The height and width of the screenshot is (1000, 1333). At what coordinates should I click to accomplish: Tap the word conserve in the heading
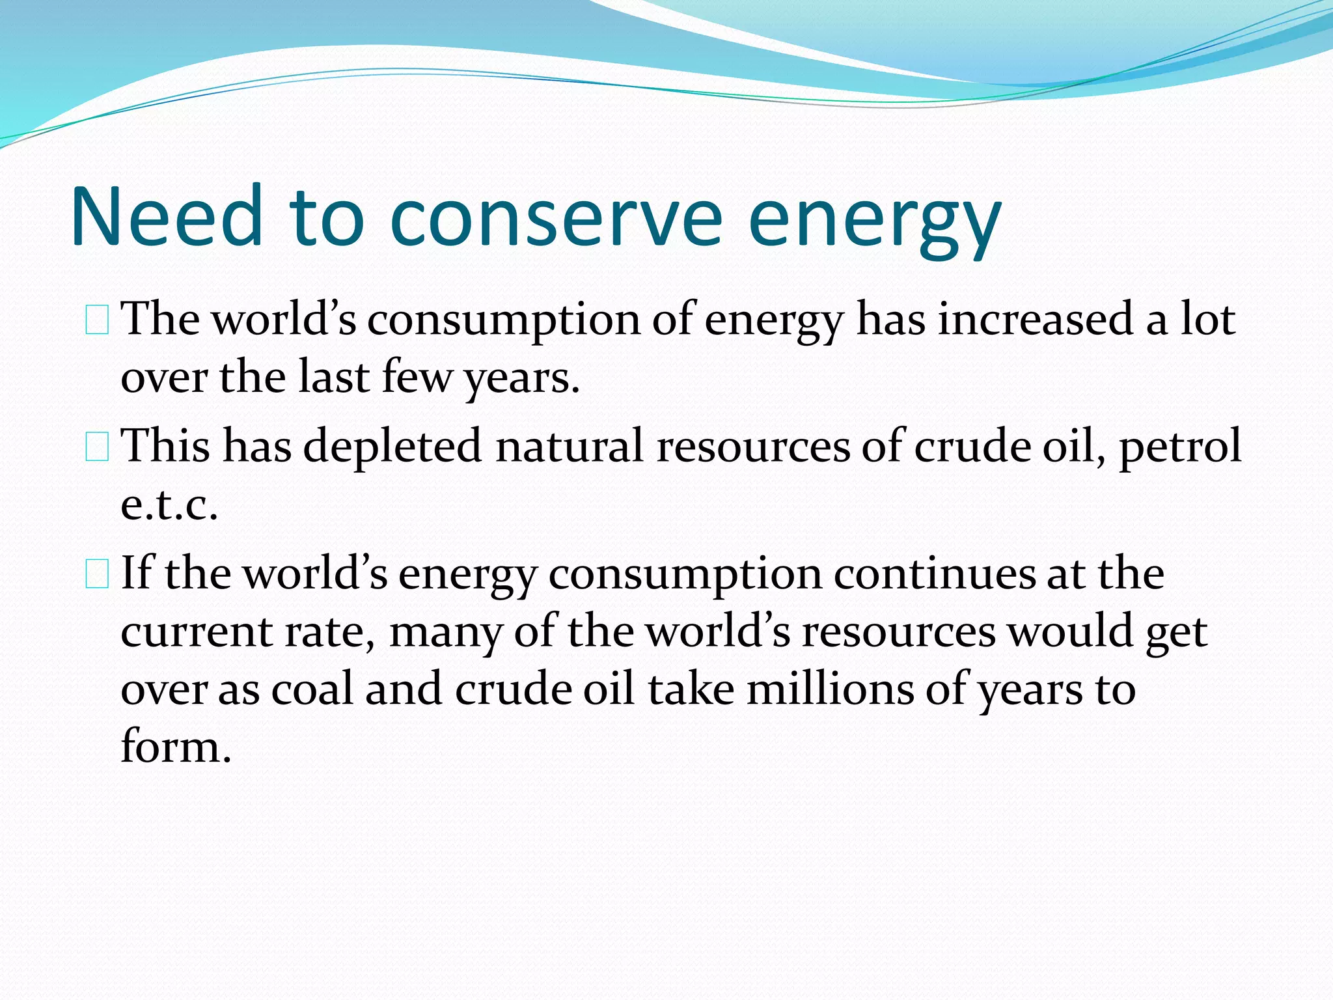[x=556, y=218]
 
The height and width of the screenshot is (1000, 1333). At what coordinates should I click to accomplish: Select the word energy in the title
[x=874, y=221]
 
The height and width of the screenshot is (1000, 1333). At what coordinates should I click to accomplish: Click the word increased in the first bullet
[x=1035, y=320]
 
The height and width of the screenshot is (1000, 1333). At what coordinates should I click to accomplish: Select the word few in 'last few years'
[x=417, y=378]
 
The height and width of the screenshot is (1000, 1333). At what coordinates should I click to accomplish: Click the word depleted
[x=392, y=447]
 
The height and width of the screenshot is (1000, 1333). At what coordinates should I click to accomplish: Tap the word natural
[x=570, y=447]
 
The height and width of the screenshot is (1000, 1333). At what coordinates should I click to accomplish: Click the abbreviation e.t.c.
[x=169, y=506]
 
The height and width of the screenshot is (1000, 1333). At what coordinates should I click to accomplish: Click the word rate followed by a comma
[x=329, y=632]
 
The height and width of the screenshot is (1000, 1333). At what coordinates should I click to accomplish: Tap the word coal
[x=312, y=689]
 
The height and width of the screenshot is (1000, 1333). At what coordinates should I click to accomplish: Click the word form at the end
[x=175, y=747]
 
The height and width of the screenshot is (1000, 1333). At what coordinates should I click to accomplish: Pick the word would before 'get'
[x=1070, y=632]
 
